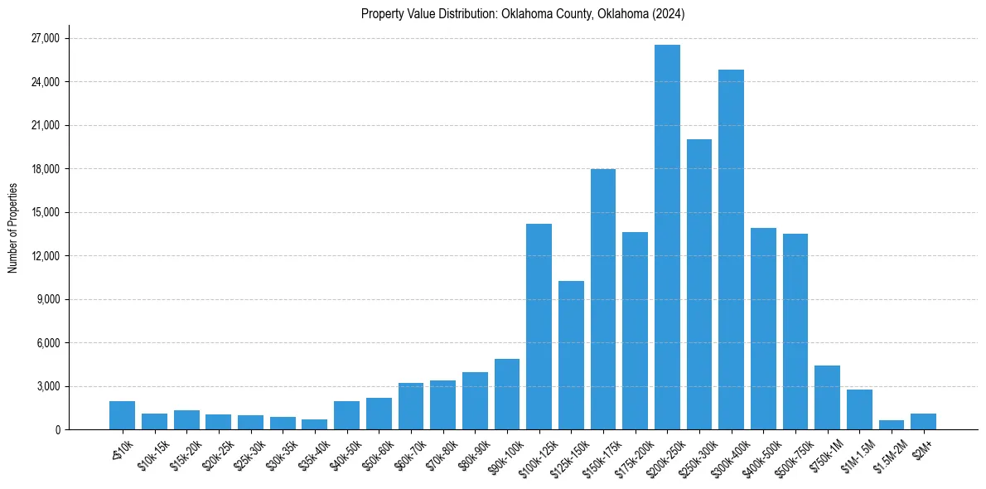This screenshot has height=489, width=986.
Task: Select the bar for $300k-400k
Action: point(731,249)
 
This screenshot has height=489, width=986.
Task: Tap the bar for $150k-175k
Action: point(603,299)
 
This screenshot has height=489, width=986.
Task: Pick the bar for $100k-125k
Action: point(539,327)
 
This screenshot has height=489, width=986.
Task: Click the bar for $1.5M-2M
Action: point(892,425)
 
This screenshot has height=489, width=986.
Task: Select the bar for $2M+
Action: point(923,421)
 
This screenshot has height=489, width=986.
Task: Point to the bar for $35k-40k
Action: point(314,424)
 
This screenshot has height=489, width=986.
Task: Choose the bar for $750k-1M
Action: point(827,398)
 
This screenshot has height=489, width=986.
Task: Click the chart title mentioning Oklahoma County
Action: point(523,14)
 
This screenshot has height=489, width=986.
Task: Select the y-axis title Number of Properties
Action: point(12,228)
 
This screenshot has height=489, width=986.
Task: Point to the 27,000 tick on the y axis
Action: point(44,38)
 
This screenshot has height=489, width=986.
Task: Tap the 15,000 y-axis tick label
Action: point(44,212)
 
